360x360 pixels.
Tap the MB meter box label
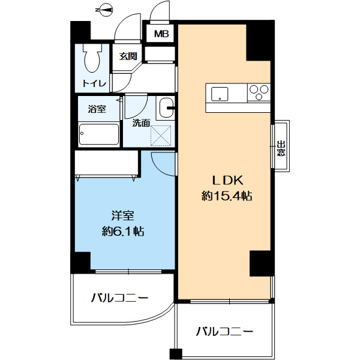[x=161, y=34]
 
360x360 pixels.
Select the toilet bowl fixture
[x=92, y=58]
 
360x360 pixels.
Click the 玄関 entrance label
[x=128, y=56]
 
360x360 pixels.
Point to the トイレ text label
[x=94, y=83]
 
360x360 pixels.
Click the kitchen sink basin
[x=220, y=94]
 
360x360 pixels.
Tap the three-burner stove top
[x=259, y=92]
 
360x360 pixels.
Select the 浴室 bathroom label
[x=97, y=109]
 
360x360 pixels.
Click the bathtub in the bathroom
[x=99, y=134]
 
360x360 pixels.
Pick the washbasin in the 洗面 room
[x=165, y=108]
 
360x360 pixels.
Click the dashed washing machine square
[x=161, y=136]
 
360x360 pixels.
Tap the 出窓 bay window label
[x=281, y=148]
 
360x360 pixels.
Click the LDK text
[x=227, y=181]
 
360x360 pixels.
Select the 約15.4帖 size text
[x=227, y=196]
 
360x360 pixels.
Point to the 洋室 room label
[x=122, y=216]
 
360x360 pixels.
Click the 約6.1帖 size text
[x=123, y=232]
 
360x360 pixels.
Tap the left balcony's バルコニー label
[x=119, y=298]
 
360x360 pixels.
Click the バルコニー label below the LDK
[x=224, y=332]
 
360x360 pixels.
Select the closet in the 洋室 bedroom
[x=107, y=164]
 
